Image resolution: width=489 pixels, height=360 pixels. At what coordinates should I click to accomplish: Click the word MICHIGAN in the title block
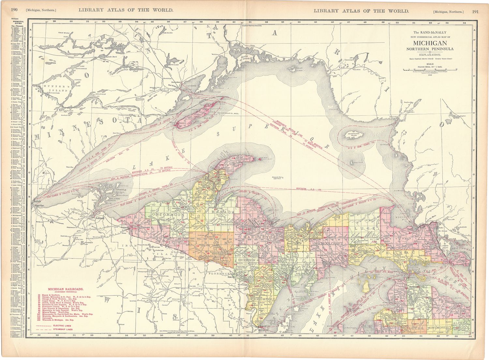pyautogui.click(x=430, y=43)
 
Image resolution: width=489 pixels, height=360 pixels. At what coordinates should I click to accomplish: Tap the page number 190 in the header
pyautogui.click(x=14, y=10)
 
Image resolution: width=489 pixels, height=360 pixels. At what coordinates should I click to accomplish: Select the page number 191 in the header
pyautogui.click(x=475, y=11)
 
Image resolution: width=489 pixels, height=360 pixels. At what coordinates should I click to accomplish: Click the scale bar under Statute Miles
pyautogui.click(x=430, y=69)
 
